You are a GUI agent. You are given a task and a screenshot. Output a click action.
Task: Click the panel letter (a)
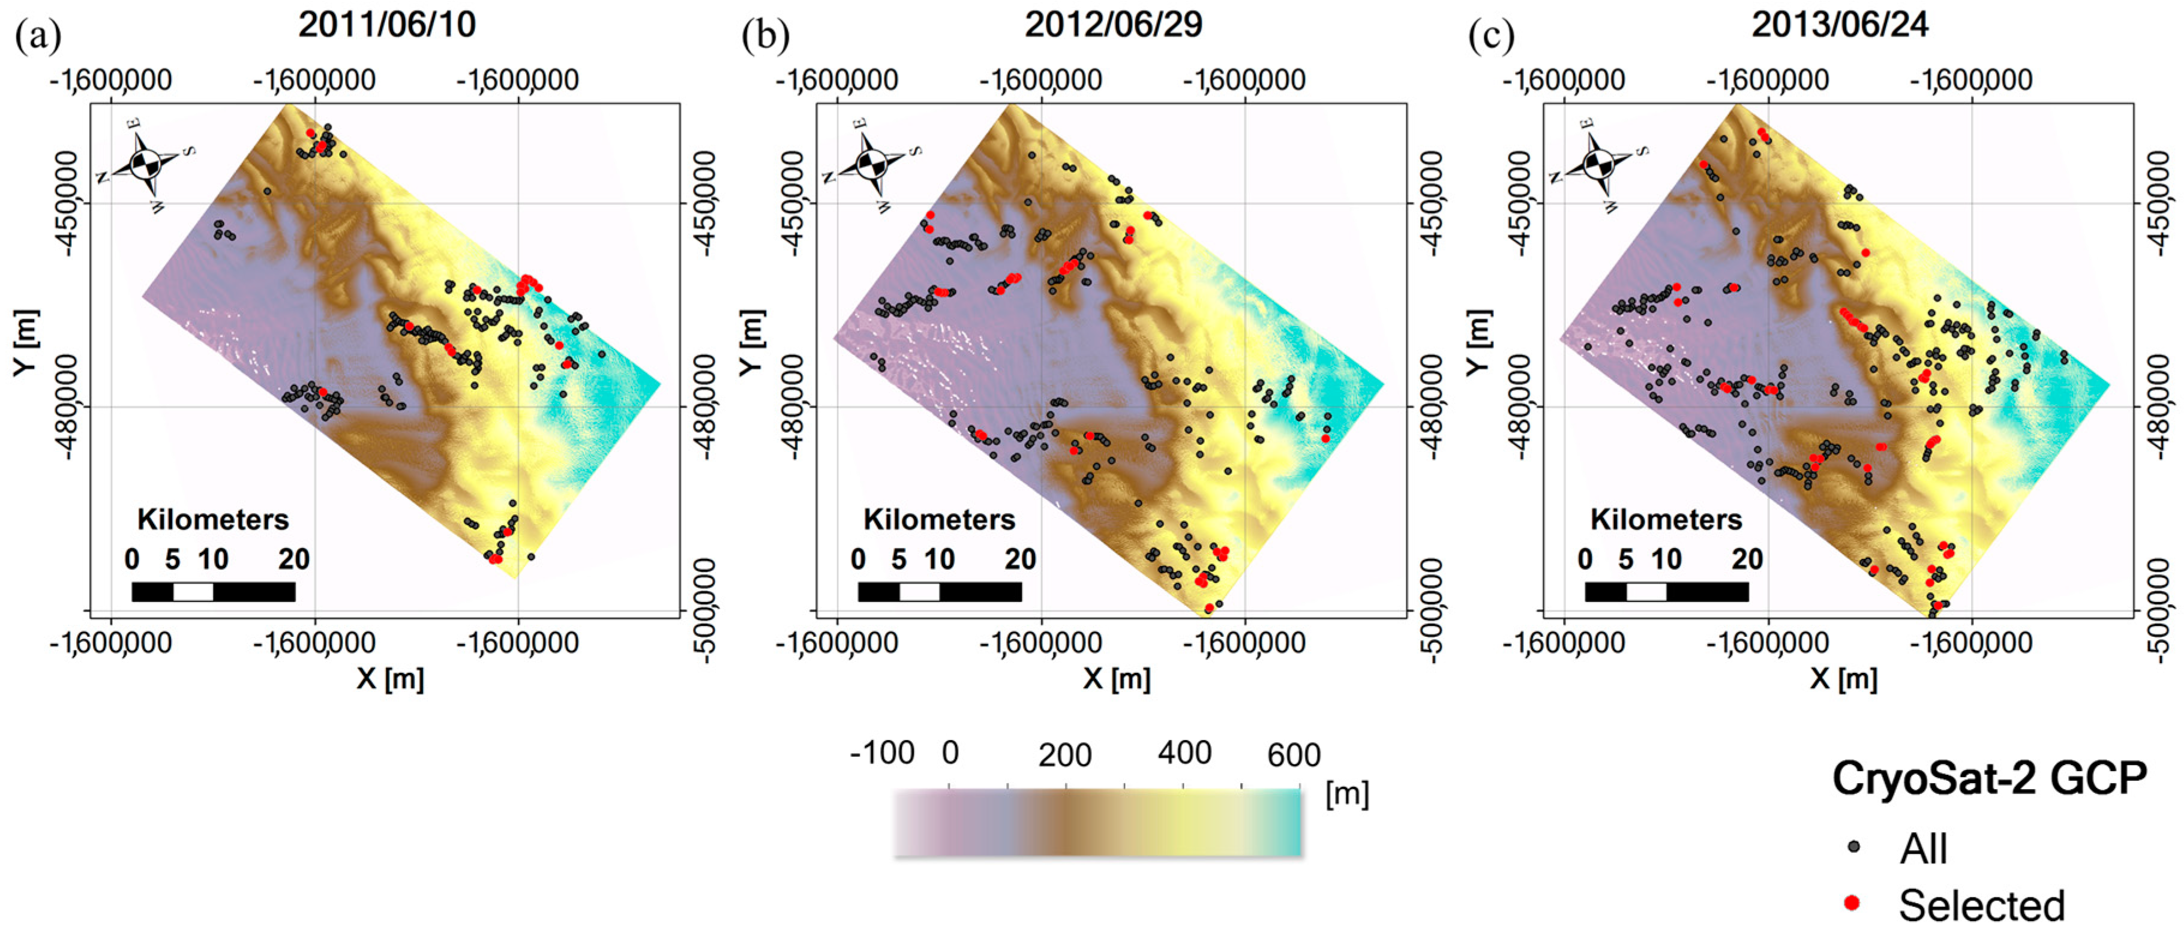tap(38, 35)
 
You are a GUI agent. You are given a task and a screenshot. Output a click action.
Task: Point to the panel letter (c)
tap(1490, 35)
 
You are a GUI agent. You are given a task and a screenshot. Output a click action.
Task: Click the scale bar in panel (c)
tap(1666, 591)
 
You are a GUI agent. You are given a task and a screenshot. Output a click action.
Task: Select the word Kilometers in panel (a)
tap(213, 519)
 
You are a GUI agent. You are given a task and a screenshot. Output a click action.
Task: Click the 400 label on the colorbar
tap(1184, 753)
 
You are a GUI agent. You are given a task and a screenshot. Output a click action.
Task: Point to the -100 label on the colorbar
tap(882, 753)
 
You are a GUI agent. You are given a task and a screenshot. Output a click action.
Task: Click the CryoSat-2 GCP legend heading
tap(1989, 777)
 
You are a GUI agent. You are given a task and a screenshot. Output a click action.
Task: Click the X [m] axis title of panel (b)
tap(1116, 678)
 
